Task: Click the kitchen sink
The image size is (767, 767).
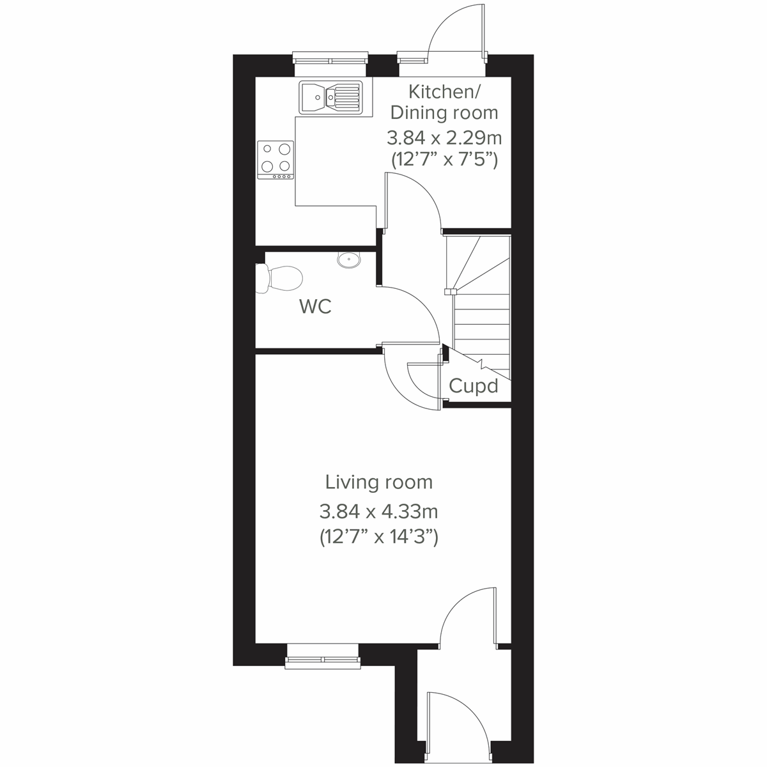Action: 330,97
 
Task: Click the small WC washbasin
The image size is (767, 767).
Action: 348,260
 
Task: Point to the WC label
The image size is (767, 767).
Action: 315,307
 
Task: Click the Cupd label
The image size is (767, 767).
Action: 473,386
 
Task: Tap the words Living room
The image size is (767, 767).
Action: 378,481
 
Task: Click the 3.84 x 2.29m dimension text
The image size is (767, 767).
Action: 444,137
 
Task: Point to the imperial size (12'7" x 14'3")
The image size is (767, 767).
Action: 378,537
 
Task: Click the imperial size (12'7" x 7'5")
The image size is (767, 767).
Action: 444,160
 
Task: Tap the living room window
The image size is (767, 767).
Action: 322,658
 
